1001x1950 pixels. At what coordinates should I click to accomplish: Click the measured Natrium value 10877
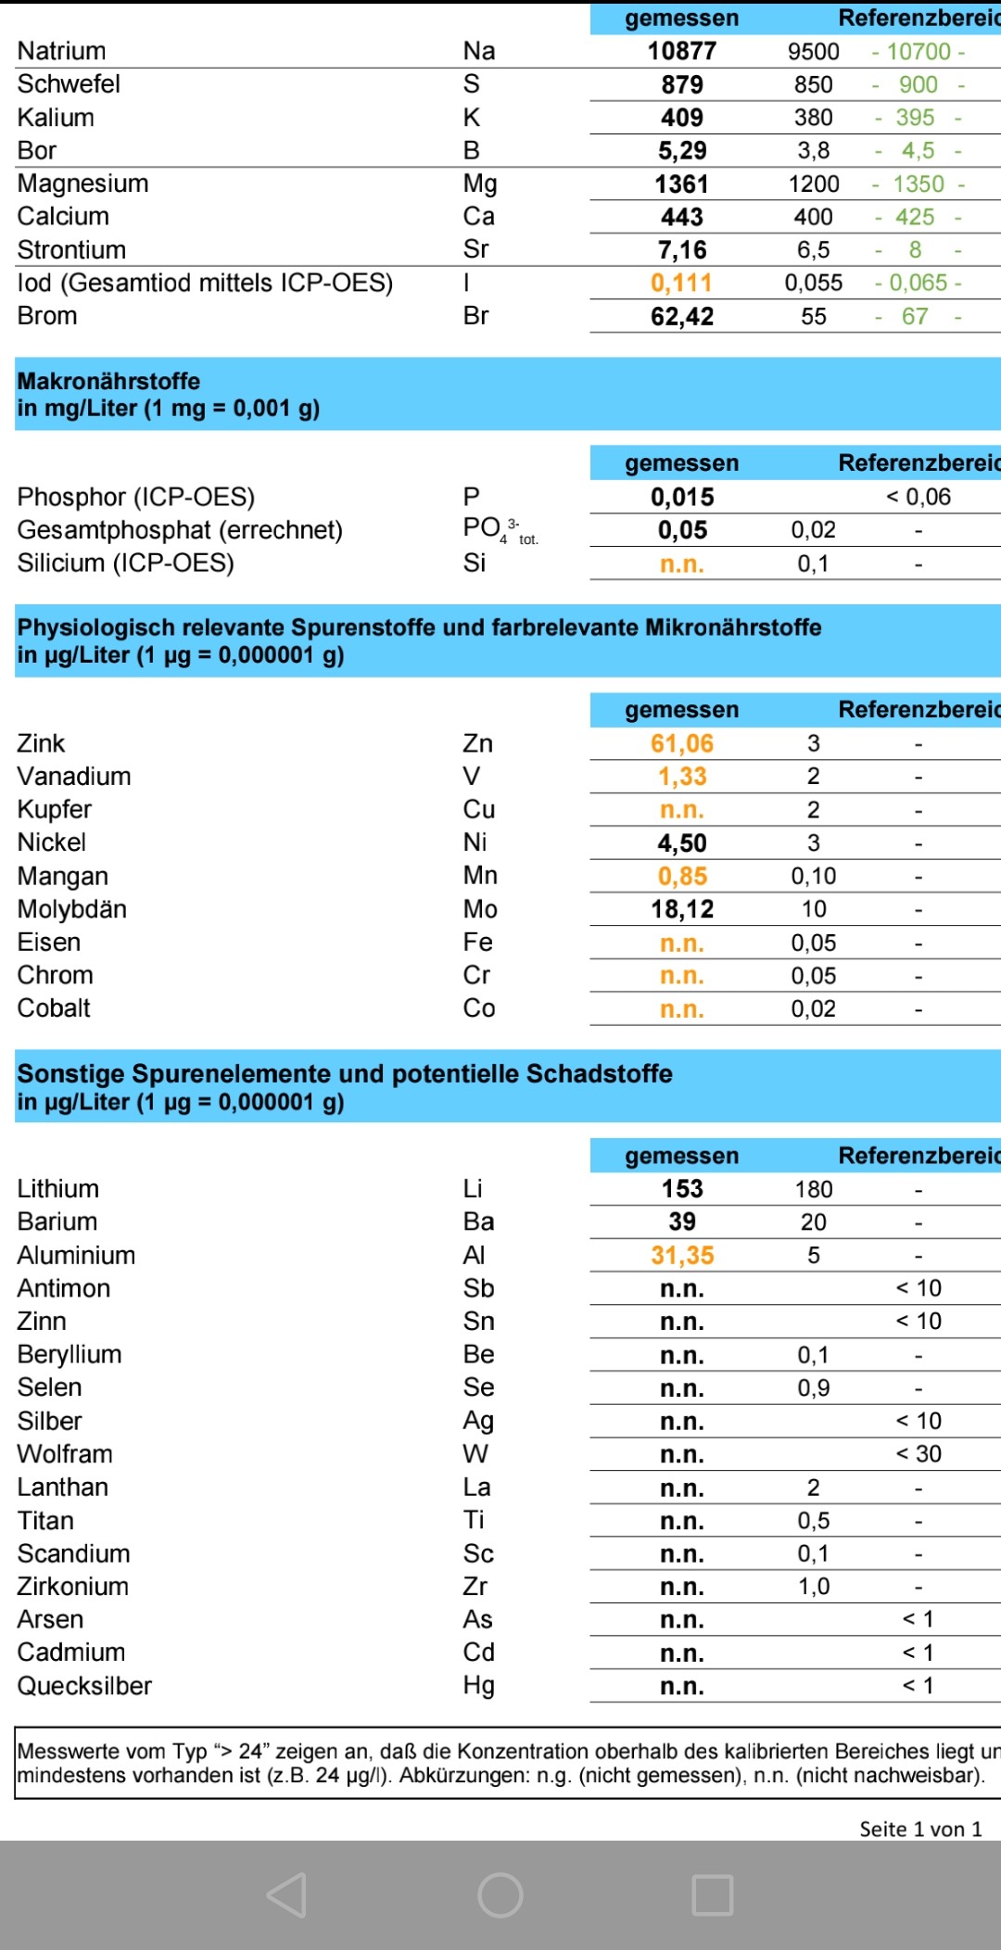pos(681,51)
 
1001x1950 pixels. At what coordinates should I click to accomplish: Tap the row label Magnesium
pos(82,184)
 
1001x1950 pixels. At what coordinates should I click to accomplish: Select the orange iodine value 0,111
pos(681,283)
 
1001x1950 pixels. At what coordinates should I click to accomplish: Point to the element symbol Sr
pos(475,249)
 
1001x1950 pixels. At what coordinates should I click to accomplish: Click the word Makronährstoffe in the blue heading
pos(108,381)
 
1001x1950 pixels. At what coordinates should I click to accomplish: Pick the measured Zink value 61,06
pos(681,743)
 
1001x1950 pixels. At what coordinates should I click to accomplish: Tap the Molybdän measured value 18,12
pos(681,909)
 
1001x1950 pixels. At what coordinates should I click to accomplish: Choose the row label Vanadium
pos(74,777)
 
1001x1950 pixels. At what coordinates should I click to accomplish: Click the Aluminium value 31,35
pos(681,1256)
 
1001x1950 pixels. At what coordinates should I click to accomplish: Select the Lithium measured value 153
pos(681,1189)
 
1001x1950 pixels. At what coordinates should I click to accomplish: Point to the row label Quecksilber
pos(84,1686)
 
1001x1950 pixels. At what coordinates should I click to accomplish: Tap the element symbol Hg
pos(478,1686)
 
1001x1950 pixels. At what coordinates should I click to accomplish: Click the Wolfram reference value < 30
pos(918,1454)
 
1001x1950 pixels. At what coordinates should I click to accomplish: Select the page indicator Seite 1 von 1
pos(919,1829)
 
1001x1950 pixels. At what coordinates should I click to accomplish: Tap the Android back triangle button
pos(287,1894)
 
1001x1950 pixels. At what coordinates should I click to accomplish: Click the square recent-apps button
pos(713,1894)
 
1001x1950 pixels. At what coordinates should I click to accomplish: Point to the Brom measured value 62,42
pos(681,316)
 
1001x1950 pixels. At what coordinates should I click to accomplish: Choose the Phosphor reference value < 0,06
pos(918,497)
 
